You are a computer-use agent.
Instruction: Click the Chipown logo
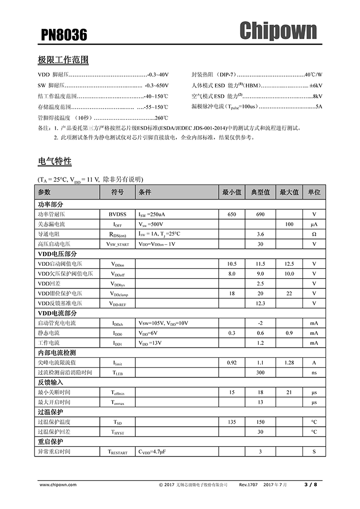point(278,31)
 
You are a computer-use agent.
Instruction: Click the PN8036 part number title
point(64,34)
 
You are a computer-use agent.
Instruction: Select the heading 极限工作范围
point(63,60)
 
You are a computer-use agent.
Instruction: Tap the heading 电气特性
point(55,161)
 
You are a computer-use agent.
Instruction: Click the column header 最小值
point(231,192)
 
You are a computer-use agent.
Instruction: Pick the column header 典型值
point(260,192)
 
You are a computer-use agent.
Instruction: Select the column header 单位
point(314,192)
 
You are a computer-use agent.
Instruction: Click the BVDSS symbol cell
point(117,214)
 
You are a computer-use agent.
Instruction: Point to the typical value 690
point(260,214)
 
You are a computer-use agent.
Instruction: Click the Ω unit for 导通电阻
point(314,234)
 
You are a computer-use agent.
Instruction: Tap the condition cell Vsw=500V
point(151,224)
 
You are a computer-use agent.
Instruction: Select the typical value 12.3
point(260,303)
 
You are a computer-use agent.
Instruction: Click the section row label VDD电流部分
point(58,313)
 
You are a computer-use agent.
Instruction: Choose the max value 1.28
point(289,362)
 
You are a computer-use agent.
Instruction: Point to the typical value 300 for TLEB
point(260,372)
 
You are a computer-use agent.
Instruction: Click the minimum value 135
point(231,422)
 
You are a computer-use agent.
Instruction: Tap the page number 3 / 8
point(311,484)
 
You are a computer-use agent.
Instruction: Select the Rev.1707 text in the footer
point(248,484)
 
